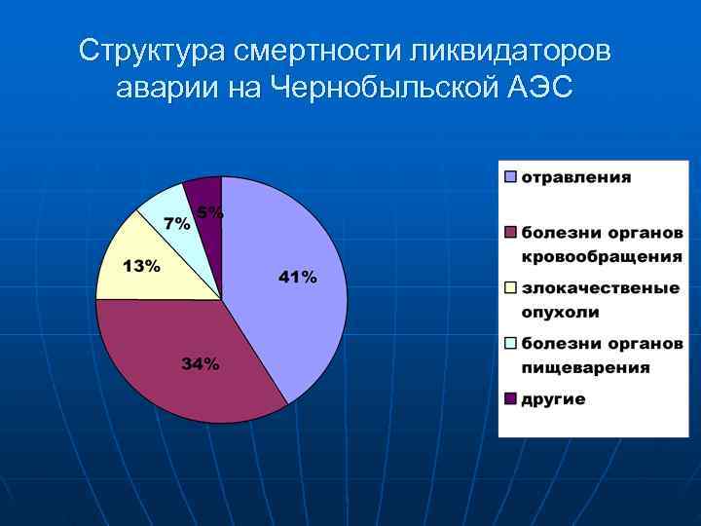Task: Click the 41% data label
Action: click(297, 278)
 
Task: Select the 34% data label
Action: click(200, 364)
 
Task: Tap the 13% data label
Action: click(141, 266)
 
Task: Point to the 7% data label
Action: click(176, 223)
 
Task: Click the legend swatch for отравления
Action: click(510, 177)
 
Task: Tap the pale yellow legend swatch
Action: click(510, 288)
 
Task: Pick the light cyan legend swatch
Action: click(510, 344)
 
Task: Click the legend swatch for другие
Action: click(510, 398)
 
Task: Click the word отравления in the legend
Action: click(576, 177)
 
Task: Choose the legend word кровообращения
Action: click(601, 256)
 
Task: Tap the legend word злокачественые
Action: click(600, 288)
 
